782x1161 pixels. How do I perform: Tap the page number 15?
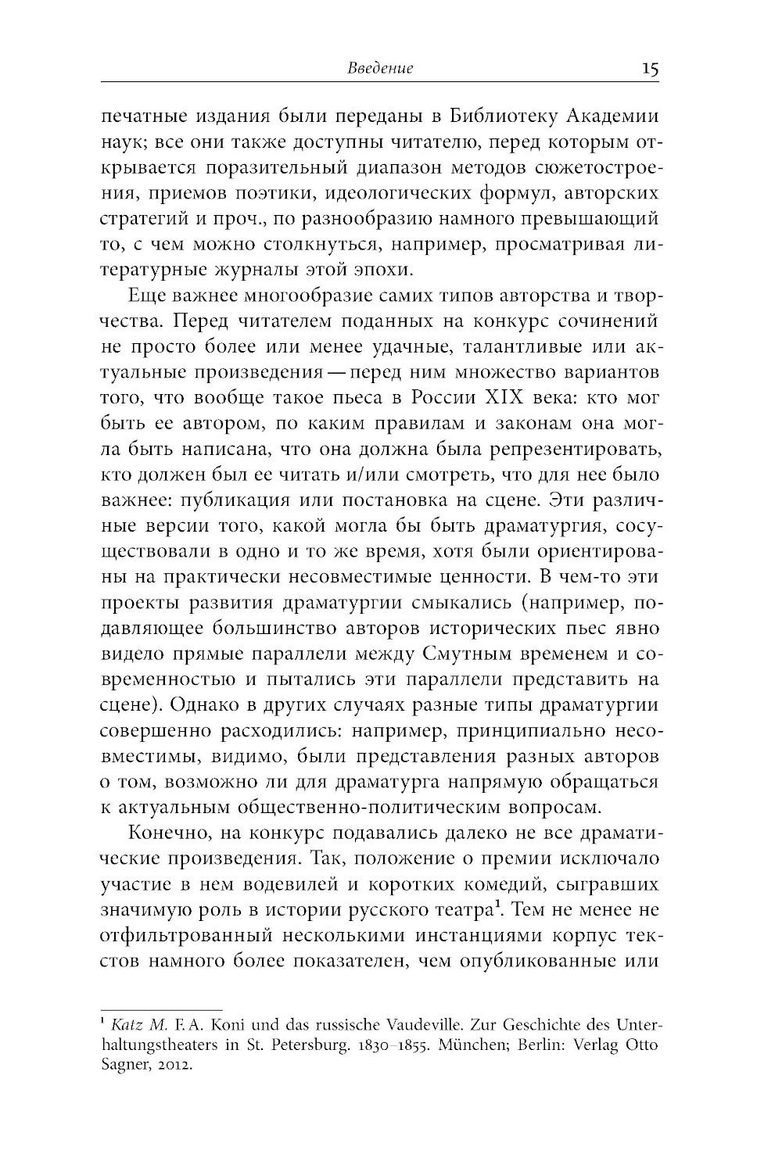[650, 68]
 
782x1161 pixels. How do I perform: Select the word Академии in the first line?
[614, 116]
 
